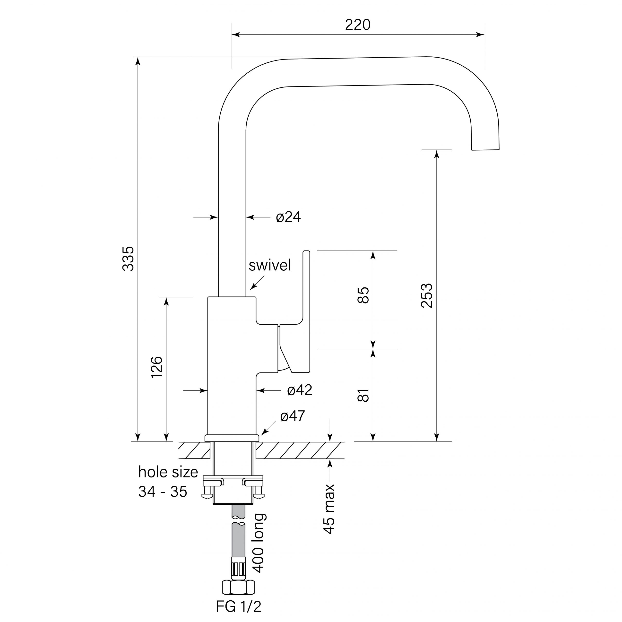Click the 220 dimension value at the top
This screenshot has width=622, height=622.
pos(358,25)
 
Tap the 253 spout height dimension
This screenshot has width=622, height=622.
pos(427,295)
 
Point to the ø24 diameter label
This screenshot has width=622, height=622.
pos(288,217)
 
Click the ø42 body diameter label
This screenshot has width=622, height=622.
pos(299,390)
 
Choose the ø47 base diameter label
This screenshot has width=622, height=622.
pos(292,416)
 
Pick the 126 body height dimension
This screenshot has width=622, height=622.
pos(156,367)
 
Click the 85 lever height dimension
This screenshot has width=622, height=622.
pos(363,295)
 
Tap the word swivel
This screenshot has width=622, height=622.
pos(270,265)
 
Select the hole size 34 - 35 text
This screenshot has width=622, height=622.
pos(168,482)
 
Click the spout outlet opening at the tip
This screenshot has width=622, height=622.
pos(485,149)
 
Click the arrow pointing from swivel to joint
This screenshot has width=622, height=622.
pos(257,283)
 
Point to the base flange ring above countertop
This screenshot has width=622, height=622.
pos(232,438)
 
